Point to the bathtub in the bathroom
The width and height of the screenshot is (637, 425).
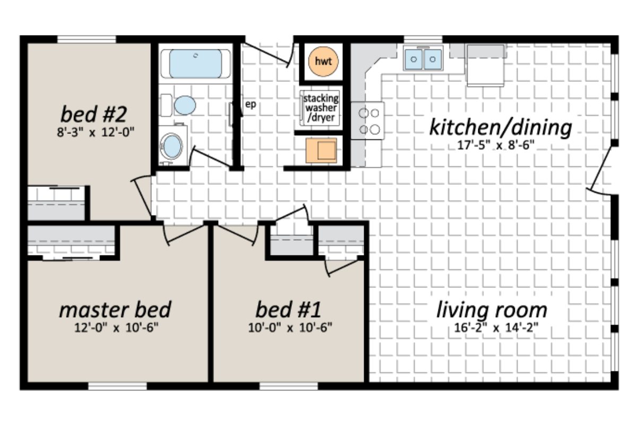(x=195, y=64)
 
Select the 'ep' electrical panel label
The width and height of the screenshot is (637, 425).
(x=251, y=104)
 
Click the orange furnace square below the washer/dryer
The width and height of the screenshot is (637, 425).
(x=321, y=150)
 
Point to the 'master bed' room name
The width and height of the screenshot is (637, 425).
(x=115, y=309)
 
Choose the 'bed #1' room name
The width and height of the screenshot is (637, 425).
(x=288, y=309)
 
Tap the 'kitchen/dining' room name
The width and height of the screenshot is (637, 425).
(x=500, y=127)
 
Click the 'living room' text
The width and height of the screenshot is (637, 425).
(x=492, y=309)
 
